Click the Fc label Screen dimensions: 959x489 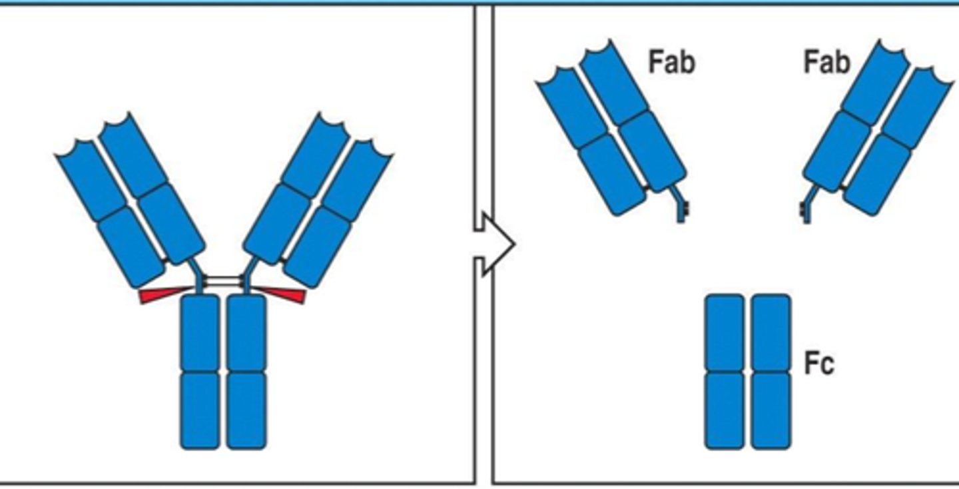818,364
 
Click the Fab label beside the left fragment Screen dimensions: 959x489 671,62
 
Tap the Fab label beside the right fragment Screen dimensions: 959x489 826,62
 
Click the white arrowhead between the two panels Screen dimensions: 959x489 497,244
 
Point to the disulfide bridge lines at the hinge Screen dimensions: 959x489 223,282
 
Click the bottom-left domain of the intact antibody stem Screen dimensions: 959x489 200,409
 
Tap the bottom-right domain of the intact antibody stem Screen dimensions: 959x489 246,409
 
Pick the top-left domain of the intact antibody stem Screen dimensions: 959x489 200,333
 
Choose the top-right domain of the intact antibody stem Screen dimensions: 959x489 246,333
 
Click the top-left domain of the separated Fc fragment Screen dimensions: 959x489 725,333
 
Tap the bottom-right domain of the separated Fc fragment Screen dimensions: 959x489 771,409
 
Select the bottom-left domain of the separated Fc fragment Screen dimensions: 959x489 725,409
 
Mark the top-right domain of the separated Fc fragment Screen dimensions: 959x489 771,333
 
